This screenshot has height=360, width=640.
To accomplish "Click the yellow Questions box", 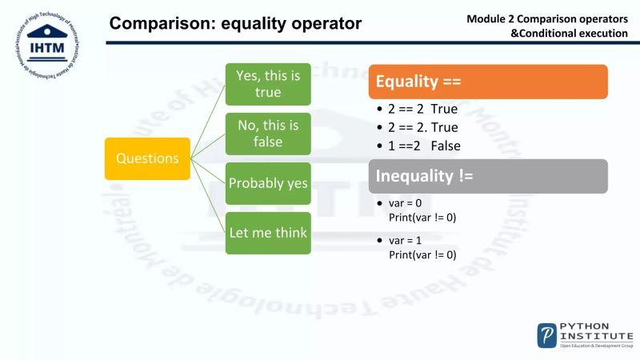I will click(147, 158).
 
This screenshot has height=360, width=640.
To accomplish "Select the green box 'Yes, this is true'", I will click(268, 83).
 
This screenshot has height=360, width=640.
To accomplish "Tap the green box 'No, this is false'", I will click(268, 133).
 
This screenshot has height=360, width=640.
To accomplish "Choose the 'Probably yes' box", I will click(268, 183).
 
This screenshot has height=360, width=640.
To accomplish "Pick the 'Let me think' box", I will click(268, 233).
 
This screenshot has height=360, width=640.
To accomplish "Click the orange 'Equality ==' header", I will click(488, 82).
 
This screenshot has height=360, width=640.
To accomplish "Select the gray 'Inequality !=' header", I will click(488, 176).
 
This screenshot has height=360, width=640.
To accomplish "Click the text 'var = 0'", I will click(406, 204).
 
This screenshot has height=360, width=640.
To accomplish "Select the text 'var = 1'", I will click(406, 241).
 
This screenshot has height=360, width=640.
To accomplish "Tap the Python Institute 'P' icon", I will click(547, 334).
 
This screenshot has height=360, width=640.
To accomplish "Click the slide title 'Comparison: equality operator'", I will click(235, 24).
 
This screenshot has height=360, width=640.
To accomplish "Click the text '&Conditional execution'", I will click(569, 33).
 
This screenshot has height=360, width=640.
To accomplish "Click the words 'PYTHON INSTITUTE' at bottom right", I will click(596, 331).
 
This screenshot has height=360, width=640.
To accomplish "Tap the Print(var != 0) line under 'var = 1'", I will click(422, 254).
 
